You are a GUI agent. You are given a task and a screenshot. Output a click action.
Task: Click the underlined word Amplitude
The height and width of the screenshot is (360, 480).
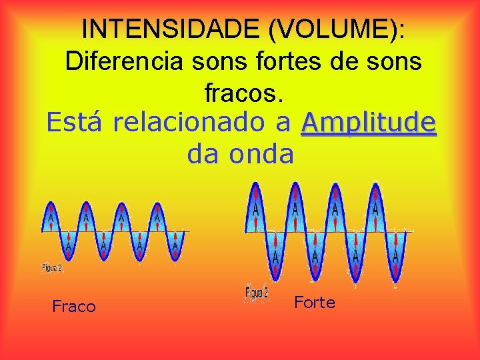369,123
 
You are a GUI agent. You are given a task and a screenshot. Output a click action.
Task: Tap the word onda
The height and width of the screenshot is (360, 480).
261,154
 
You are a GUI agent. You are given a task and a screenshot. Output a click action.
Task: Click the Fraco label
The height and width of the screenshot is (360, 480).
74,307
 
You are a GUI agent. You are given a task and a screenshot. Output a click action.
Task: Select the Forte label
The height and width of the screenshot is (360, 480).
315,303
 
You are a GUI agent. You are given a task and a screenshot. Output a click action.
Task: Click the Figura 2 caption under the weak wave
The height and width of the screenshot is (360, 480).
53,268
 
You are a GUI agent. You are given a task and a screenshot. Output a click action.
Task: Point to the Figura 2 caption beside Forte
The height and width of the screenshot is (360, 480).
257,292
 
